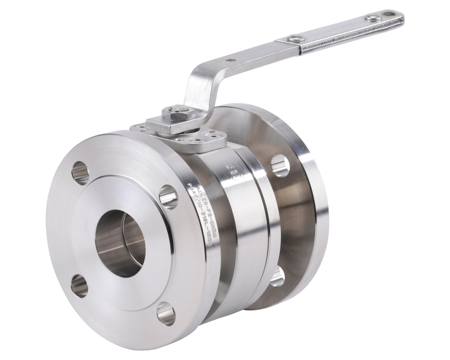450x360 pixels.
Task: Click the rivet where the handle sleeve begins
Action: click(294, 39)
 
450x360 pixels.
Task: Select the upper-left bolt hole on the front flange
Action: click(80, 172)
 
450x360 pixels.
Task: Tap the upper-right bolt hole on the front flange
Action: click(168, 196)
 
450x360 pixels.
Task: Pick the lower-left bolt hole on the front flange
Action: click(79, 285)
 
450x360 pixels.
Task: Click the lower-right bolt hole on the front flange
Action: click(166, 314)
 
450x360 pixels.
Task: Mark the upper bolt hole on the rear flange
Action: click(280, 165)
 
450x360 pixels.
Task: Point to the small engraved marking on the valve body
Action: click(230, 170)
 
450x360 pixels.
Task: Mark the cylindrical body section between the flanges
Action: click(248, 231)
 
